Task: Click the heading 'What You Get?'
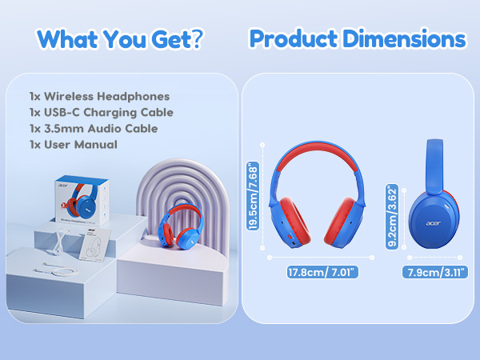pyautogui.click(x=119, y=39)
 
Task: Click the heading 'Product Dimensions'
pyautogui.click(x=357, y=39)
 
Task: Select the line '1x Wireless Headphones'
pyautogui.click(x=98, y=97)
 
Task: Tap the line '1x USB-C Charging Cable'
pyautogui.click(x=101, y=113)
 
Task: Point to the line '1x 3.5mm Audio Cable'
pyautogui.click(x=93, y=129)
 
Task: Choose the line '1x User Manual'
pyautogui.click(x=72, y=145)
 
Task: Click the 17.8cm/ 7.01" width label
pyautogui.click(x=321, y=272)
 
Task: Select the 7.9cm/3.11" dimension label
pyautogui.click(x=434, y=272)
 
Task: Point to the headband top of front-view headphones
pyautogui.click(x=321, y=146)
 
